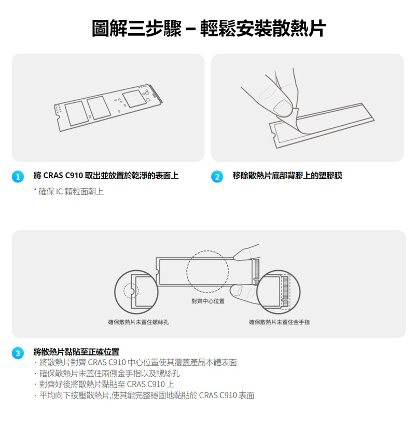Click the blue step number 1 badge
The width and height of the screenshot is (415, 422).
18,177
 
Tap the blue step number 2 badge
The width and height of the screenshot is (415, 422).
217,177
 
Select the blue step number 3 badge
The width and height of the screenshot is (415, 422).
18,353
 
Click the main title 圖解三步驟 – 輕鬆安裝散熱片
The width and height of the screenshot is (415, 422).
209,29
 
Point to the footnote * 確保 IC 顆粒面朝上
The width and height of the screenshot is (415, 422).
68,192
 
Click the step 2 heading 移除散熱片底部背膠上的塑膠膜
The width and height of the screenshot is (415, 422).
287,176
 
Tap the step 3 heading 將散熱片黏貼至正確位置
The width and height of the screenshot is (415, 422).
76,352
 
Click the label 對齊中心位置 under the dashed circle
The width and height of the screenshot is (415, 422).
208,301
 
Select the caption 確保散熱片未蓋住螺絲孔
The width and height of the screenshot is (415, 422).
139,322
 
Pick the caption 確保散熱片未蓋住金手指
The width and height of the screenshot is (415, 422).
280,322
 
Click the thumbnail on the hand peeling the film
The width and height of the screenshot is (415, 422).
282,107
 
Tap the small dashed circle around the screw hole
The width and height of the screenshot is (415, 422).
131,291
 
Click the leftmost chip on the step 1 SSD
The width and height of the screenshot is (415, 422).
77,114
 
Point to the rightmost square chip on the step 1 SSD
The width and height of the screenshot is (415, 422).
133,99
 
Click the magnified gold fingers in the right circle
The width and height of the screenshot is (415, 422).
285,292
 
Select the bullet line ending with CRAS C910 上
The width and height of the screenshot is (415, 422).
107,385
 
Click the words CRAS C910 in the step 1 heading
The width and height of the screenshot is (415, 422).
63,176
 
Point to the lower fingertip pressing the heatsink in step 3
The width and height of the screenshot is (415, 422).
237,291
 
